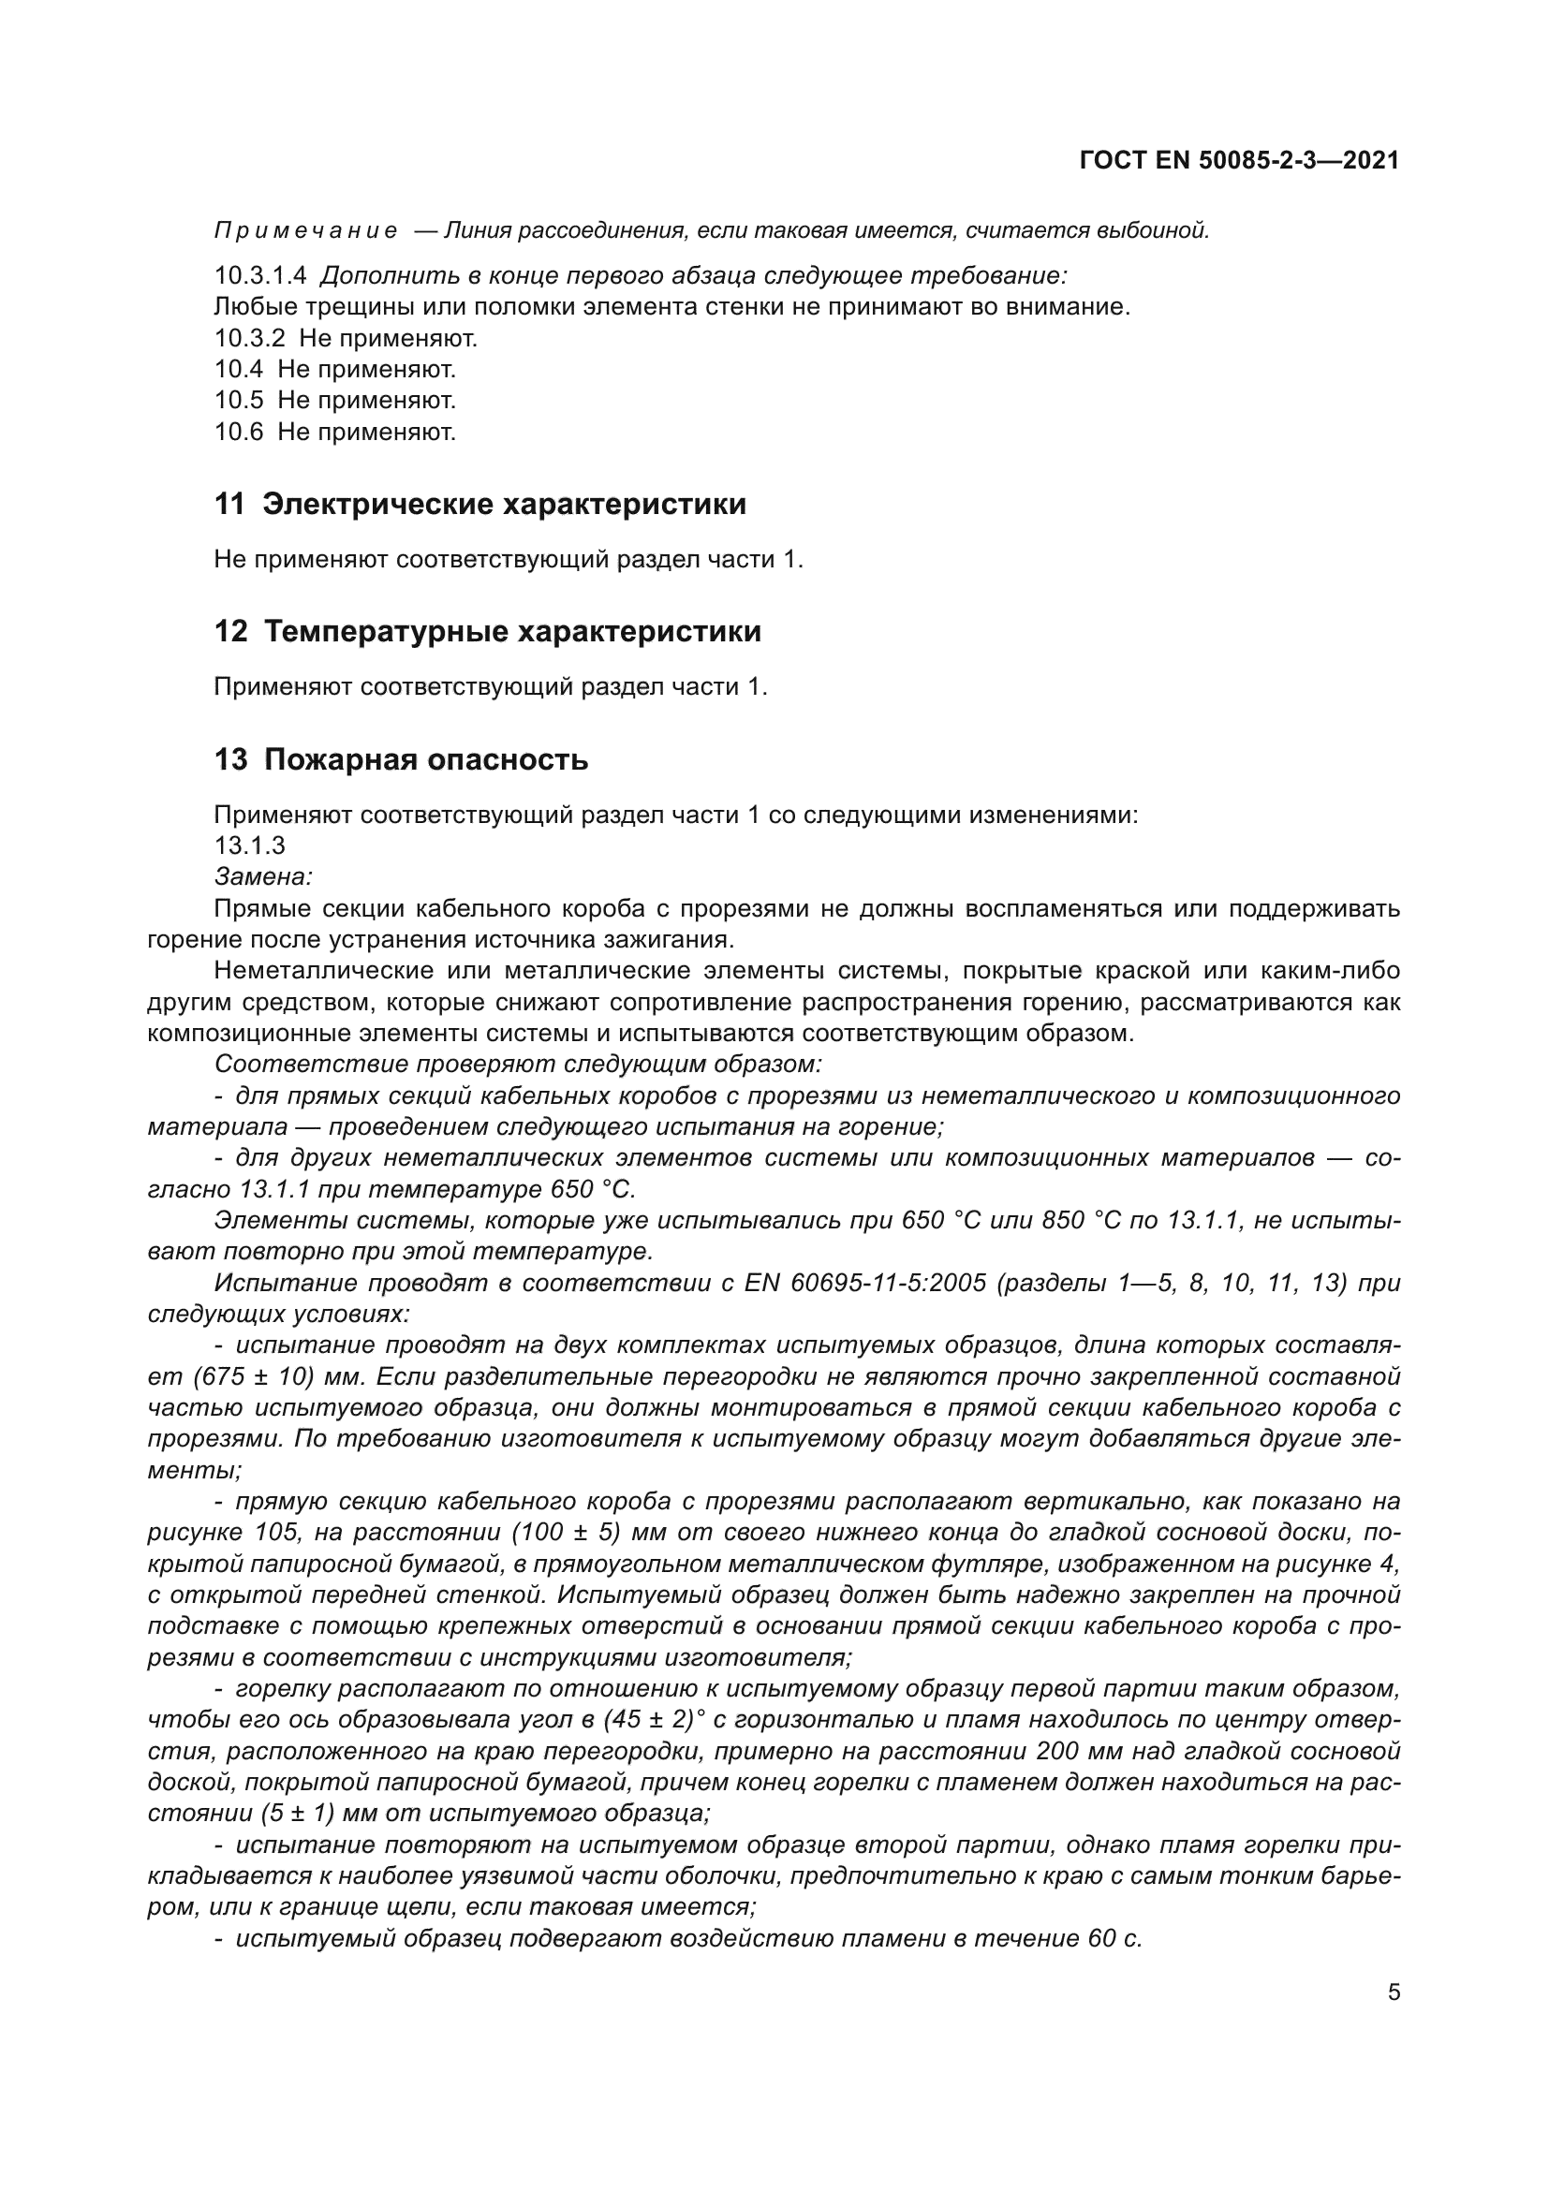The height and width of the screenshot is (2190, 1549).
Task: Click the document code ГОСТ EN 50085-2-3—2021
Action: click(x=1239, y=160)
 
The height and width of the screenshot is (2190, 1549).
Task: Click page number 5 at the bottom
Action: click(x=1394, y=1992)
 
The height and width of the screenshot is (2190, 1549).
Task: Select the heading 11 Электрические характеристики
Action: click(x=479, y=504)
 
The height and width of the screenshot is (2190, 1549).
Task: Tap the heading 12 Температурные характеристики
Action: click(x=487, y=631)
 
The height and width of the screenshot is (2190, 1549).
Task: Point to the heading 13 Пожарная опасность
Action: click(x=401, y=759)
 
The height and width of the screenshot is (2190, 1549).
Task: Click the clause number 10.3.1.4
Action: click(x=260, y=275)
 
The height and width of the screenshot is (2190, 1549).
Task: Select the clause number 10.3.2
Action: click(x=249, y=338)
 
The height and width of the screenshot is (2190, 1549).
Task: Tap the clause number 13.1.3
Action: click(x=249, y=845)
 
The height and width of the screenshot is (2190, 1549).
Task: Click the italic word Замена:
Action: click(x=263, y=875)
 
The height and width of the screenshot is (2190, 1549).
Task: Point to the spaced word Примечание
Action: click(x=306, y=231)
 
